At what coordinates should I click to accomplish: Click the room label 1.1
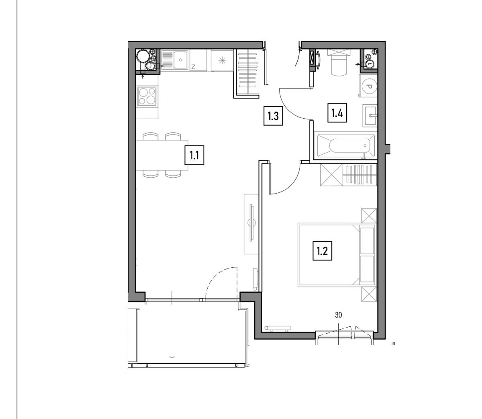click(x=194, y=155)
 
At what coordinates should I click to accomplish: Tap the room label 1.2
click(x=322, y=251)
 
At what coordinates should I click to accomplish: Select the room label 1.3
click(x=273, y=116)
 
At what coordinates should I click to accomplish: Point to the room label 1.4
click(x=337, y=113)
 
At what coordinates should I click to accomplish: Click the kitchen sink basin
click(x=180, y=60)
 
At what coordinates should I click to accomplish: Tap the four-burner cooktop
click(x=147, y=96)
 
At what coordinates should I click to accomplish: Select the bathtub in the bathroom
click(x=345, y=146)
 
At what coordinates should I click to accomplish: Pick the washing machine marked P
click(x=368, y=86)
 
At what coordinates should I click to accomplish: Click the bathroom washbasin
click(x=370, y=116)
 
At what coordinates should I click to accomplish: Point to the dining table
click(x=162, y=155)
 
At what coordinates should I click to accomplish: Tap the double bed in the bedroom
click(x=337, y=254)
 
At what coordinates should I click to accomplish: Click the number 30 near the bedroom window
click(x=338, y=315)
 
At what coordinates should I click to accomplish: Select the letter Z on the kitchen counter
click(x=193, y=67)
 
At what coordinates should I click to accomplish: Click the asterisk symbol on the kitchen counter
click(x=222, y=61)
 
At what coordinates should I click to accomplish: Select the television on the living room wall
click(x=252, y=222)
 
